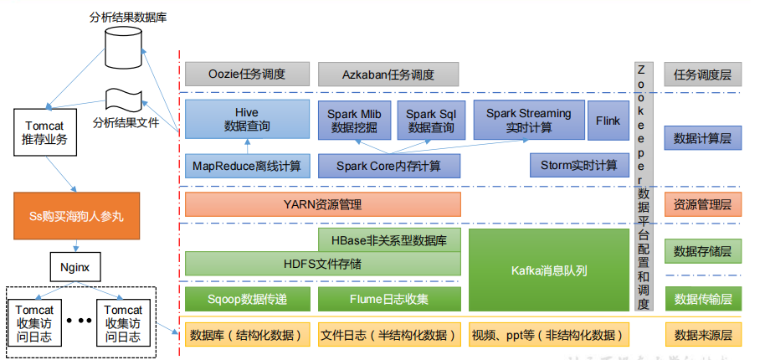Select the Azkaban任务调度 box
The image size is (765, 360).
coord(388,74)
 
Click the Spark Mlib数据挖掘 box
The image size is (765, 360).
coord(354,121)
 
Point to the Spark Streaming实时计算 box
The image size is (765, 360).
coord(528,120)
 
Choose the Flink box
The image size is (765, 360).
coord(608,121)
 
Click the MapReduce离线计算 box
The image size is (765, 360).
coord(247,165)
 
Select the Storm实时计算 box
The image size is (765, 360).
coord(578,165)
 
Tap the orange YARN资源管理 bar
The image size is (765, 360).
coord(322,204)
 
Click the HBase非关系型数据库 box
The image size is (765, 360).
coord(389,240)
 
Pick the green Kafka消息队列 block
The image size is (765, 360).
coord(548,270)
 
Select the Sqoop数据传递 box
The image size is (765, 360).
coord(247,299)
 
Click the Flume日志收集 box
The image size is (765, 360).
coord(389,299)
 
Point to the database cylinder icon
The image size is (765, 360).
coord(125,45)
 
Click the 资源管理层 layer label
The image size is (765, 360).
coord(702,204)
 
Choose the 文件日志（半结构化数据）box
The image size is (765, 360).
coord(389,335)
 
